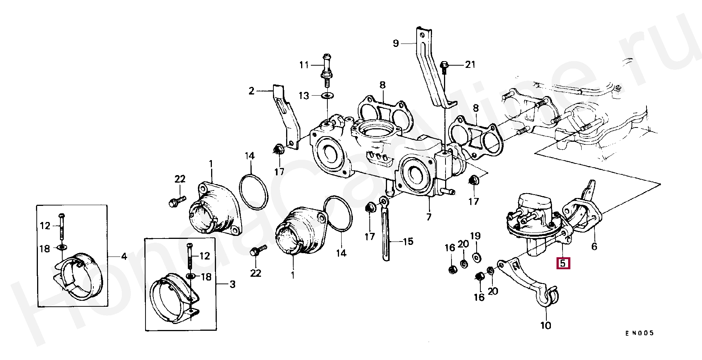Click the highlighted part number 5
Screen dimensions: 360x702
[563, 263]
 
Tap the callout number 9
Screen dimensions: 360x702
[396, 43]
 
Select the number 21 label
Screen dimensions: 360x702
[470, 65]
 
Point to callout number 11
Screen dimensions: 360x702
[304, 65]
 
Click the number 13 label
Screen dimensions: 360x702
[304, 96]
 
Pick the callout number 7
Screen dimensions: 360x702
[428, 217]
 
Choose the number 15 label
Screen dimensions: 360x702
[408, 241]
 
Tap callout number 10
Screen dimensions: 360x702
[546, 325]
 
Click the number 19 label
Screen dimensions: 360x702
[475, 236]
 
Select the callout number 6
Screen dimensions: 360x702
[594, 246]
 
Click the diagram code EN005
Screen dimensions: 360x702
[639, 333]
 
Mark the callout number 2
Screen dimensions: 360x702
[251, 91]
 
